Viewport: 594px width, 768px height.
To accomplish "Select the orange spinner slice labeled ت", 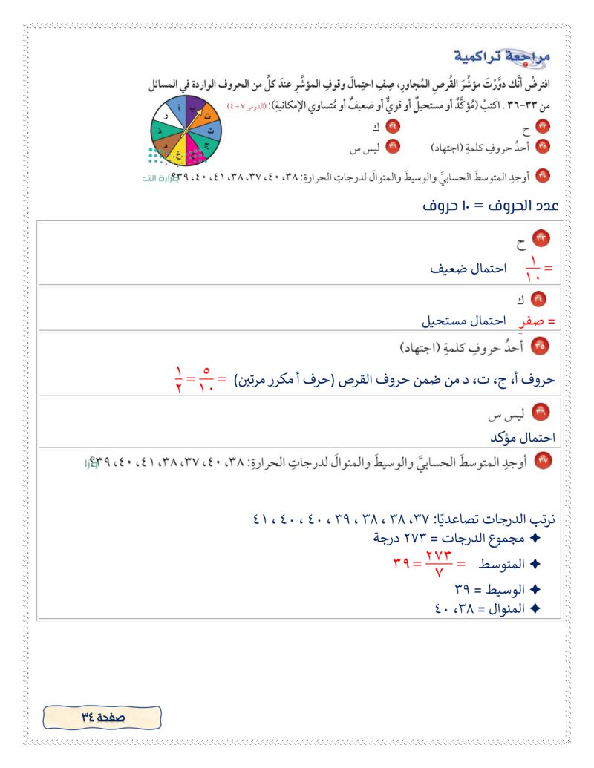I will pyautogui.click(x=209, y=116).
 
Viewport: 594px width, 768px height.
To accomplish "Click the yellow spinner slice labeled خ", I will pyautogui.click(x=178, y=155).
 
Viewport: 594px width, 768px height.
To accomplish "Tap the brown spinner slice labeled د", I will pyautogui.click(x=165, y=145).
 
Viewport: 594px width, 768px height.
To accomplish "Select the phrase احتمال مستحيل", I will pyautogui.click(x=463, y=322).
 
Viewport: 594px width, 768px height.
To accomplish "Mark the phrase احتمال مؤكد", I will pyautogui.click(x=525, y=438).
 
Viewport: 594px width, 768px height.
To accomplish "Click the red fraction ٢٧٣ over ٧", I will pyautogui.click(x=439, y=564).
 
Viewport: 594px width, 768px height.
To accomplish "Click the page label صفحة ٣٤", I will pyautogui.click(x=102, y=718).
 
